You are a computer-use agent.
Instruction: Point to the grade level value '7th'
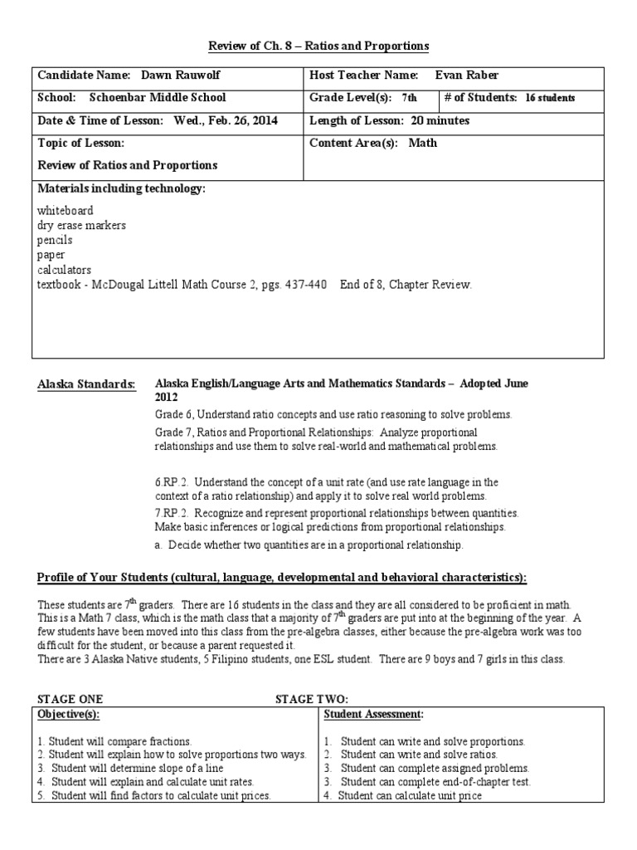[x=409, y=98]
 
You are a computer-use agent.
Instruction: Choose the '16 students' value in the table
[x=550, y=98]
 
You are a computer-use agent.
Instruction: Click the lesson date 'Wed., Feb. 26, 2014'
[x=226, y=120]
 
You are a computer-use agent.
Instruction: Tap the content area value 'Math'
[x=422, y=143]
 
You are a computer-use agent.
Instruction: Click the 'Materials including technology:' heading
[x=121, y=189]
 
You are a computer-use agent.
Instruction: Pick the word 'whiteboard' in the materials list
[x=66, y=211]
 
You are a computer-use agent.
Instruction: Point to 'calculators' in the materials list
[x=65, y=270]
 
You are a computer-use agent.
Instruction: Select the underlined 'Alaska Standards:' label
[x=86, y=384]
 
